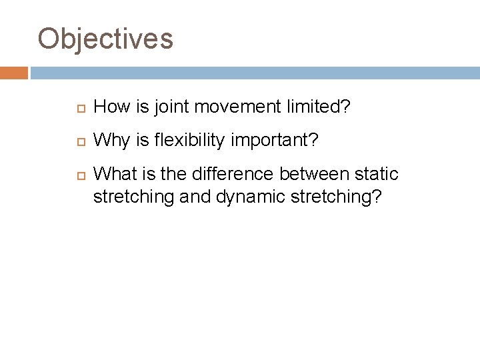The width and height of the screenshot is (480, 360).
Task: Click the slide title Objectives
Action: (105, 39)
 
